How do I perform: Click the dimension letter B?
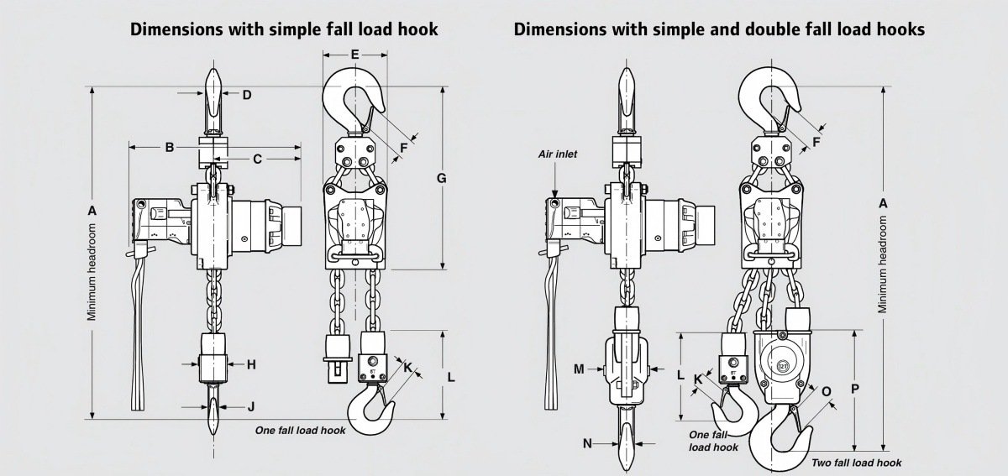pyautogui.click(x=169, y=148)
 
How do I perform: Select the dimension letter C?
pyautogui.click(x=257, y=158)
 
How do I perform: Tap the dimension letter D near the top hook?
pyautogui.click(x=247, y=95)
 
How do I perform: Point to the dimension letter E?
pyautogui.click(x=354, y=55)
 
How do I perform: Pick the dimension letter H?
pyautogui.click(x=250, y=364)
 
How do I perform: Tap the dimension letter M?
pyautogui.click(x=579, y=369)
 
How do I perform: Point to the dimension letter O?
pyautogui.click(x=826, y=391)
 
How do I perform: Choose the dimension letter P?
pyautogui.click(x=854, y=389)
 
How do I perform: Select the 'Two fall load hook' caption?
pyautogui.click(x=856, y=463)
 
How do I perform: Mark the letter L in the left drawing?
pyautogui.click(x=451, y=378)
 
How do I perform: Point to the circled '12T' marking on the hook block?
pyautogui.click(x=783, y=366)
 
